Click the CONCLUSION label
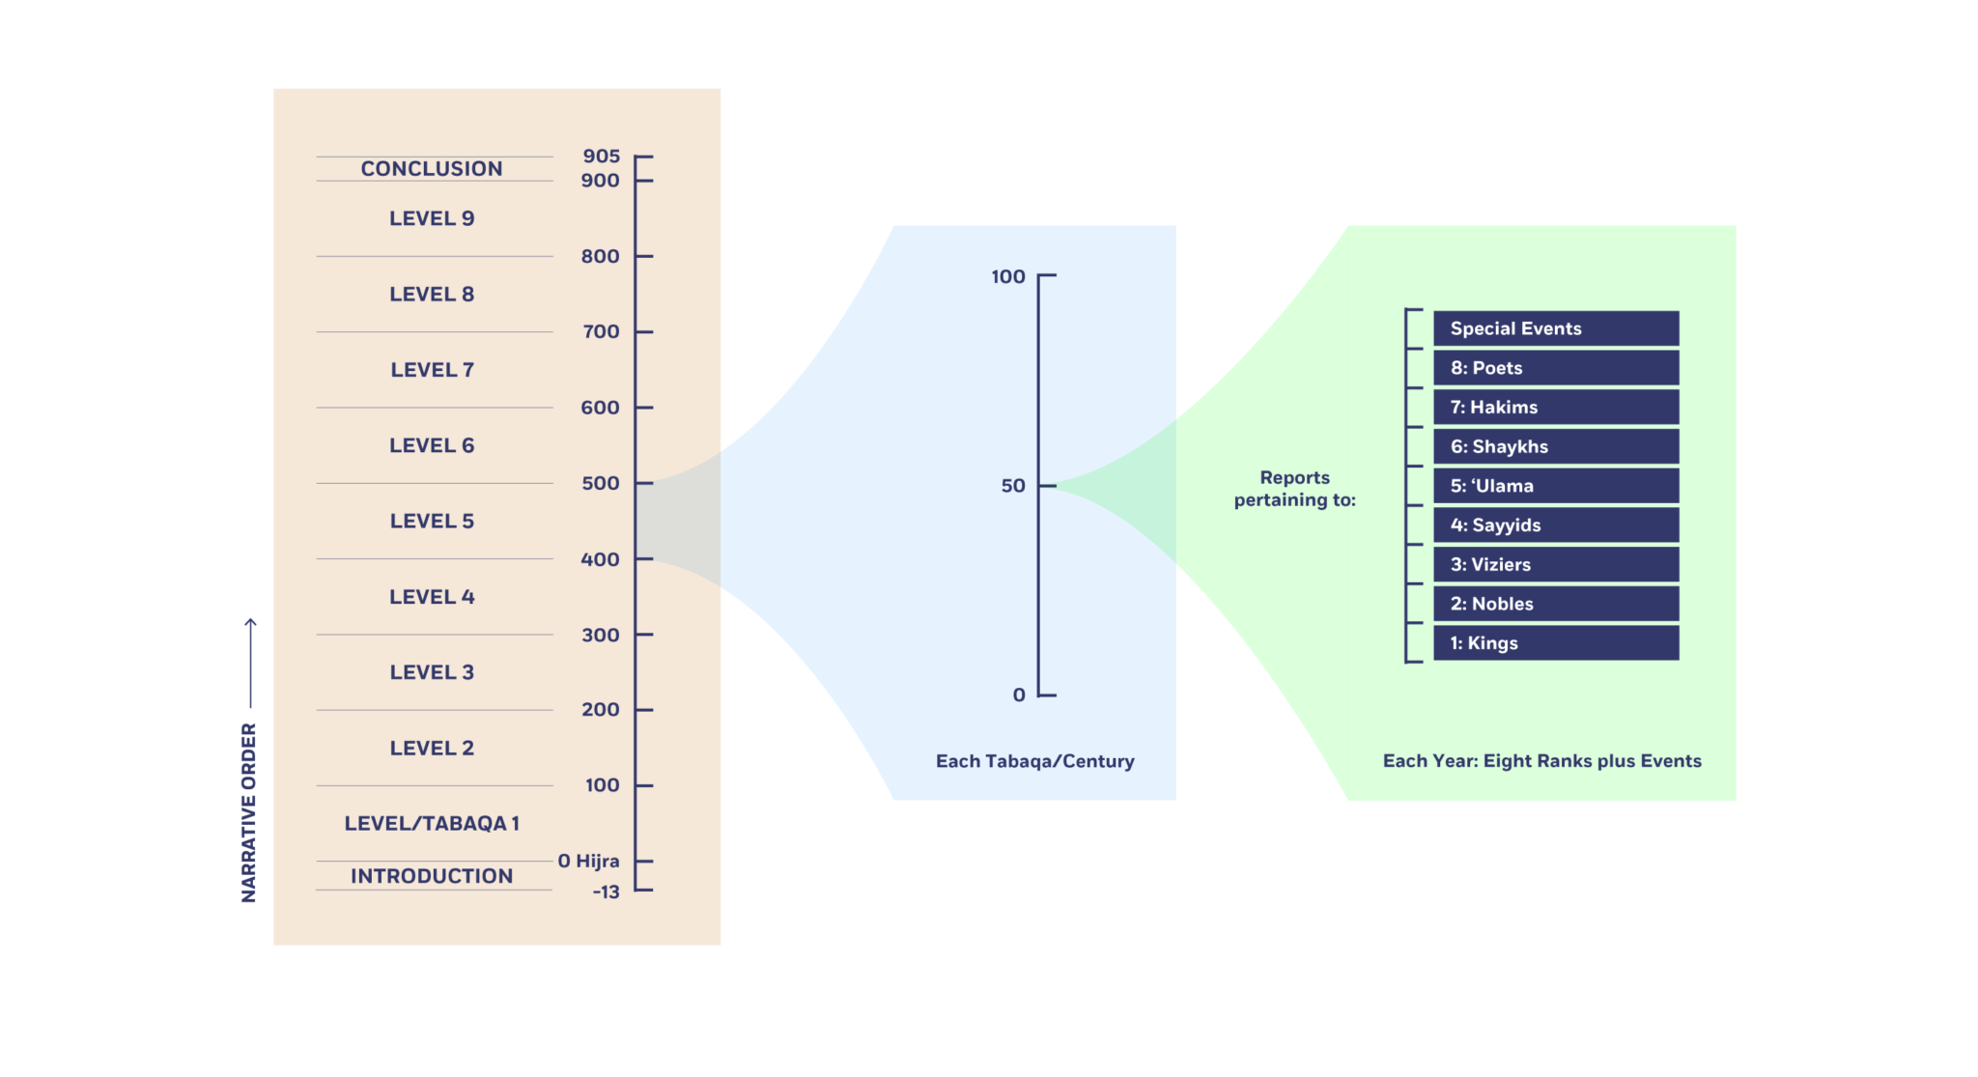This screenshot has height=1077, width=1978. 432,169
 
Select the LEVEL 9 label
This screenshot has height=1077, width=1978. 432,218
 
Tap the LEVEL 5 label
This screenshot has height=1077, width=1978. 432,522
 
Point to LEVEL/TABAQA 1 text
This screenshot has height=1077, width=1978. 432,824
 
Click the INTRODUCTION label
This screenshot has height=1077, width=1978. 432,876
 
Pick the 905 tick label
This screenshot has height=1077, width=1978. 601,156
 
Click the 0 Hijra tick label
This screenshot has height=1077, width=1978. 588,861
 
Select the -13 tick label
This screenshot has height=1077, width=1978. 606,892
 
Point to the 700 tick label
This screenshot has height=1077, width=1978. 601,332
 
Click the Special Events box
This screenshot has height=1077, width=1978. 1555,328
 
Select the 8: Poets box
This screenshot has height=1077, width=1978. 1555,368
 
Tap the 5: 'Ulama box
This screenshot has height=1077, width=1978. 1555,486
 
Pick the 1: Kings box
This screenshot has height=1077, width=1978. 1555,643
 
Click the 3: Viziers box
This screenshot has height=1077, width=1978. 1555,565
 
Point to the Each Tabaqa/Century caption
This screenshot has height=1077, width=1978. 1034,761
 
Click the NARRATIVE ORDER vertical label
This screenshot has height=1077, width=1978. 249,812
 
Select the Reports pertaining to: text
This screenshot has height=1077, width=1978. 1294,489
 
